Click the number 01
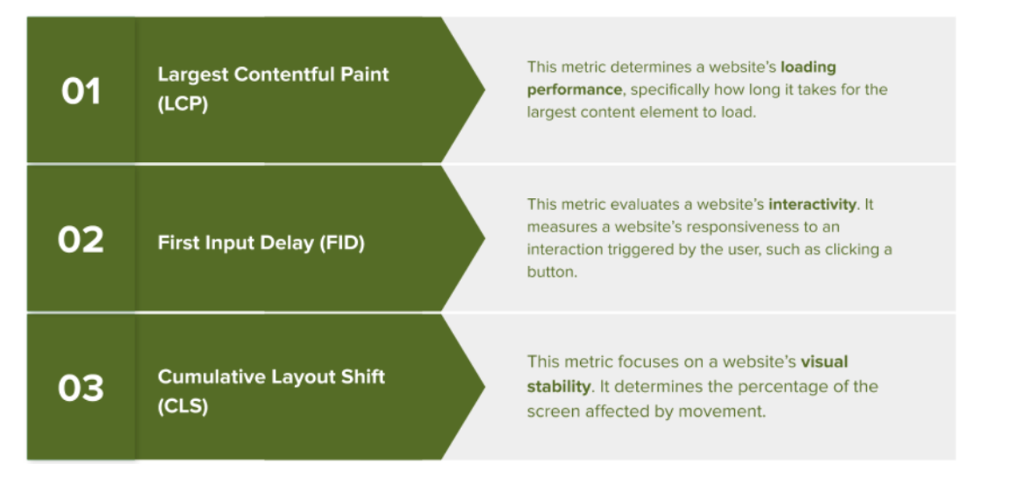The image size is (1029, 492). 81,92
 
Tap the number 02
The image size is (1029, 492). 80,240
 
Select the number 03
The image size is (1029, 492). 80,388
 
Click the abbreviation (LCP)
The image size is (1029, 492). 182,104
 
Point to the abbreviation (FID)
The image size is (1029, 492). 342,242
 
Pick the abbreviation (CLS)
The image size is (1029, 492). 182,407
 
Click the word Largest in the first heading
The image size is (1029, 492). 193,75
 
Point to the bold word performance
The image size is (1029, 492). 574,90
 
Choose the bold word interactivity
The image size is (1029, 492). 812,204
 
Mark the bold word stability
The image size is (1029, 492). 558,387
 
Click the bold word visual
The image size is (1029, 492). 824,362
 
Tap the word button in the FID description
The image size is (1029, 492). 551,273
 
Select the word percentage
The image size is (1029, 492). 786,387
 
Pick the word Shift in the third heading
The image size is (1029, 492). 362,377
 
